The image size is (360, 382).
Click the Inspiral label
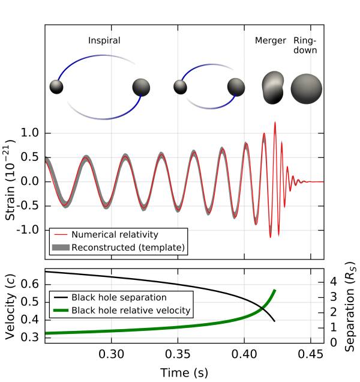(x=104, y=41)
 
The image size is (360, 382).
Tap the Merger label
(x=268, y=41)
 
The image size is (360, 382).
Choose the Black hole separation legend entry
(x=119, y=297)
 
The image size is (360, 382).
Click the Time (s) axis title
(x=184, y=372)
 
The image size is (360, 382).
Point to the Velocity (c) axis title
(x=11, y=308)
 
